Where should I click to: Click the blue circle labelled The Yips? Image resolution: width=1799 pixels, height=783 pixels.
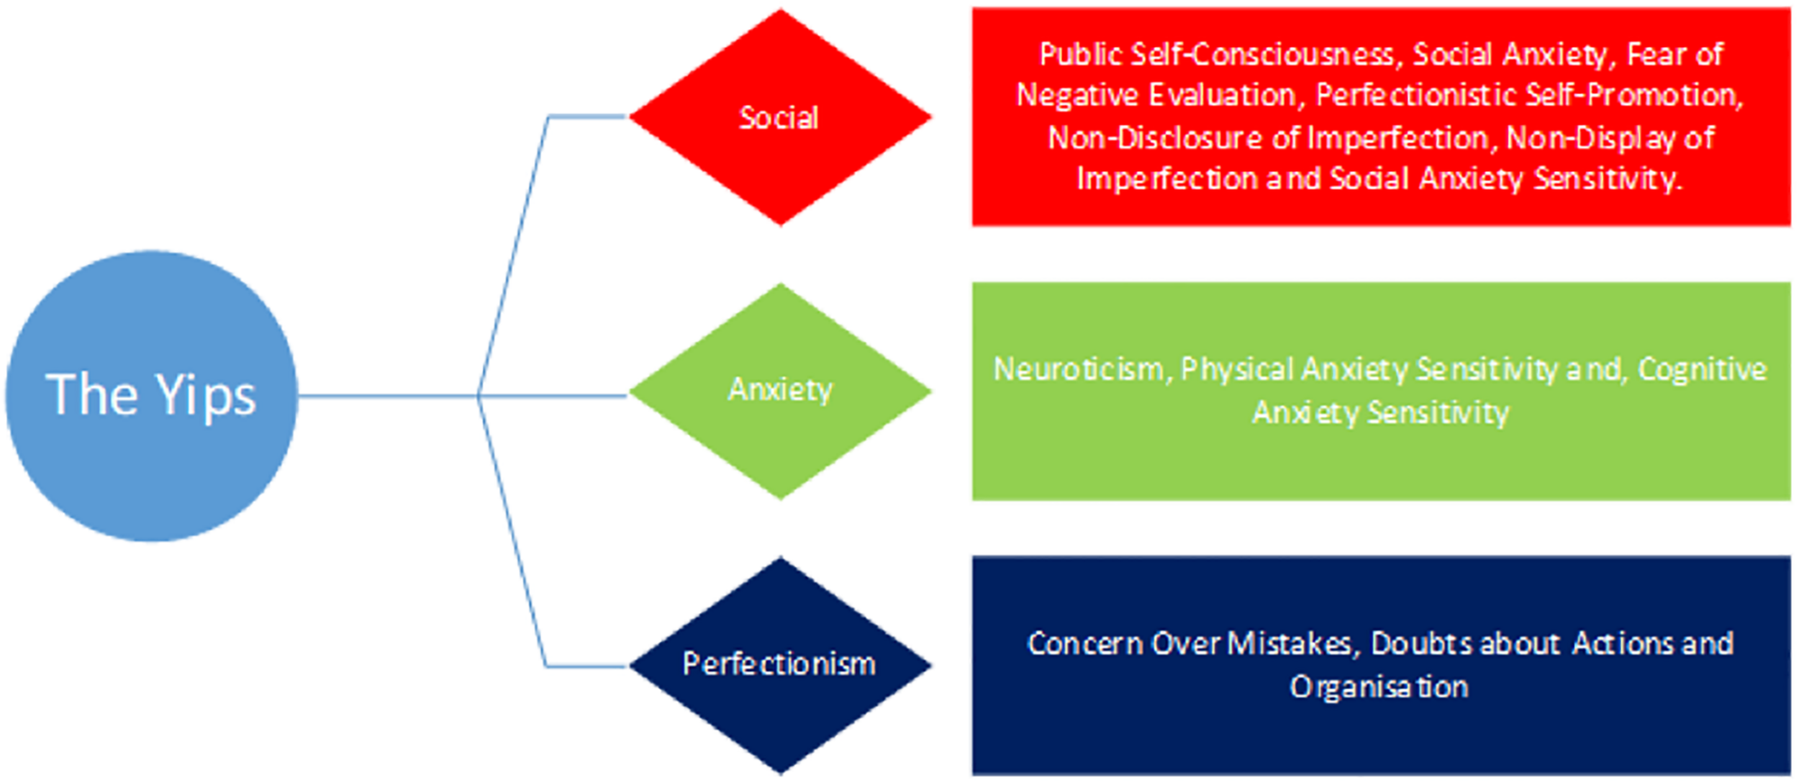coord(151,461)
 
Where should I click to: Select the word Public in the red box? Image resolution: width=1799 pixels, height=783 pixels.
coord(1079,54)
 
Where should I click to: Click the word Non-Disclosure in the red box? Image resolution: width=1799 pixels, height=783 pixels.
coord(1153,137)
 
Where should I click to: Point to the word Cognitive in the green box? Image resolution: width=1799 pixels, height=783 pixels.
coord(1703,369)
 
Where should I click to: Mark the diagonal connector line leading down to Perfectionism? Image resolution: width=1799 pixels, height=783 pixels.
coord(512,533)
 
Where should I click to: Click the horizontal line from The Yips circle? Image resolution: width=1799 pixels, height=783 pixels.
coord(389,395)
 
